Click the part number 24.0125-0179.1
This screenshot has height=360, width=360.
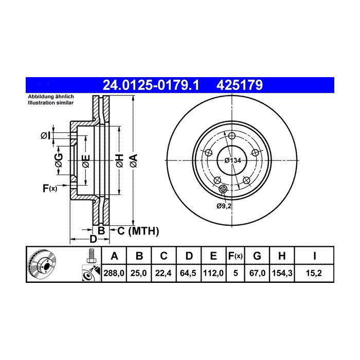click(x=151, y=85)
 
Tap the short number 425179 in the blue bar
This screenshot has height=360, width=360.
click(x=240, y=85)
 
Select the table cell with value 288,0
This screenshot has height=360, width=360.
click(x=114, y=273)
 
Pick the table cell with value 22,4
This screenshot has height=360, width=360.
click(x=164, y=273)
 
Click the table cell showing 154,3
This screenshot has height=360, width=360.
click(x=282, y=273)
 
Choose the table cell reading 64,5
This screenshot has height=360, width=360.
click(x=189, y=273)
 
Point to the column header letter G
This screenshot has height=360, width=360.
click(x=257, y=256)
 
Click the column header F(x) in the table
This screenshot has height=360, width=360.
click(x=236, y=256)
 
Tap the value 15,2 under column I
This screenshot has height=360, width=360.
click(x=314, y=273)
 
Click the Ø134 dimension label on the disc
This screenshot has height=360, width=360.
click(x=233, y=160)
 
